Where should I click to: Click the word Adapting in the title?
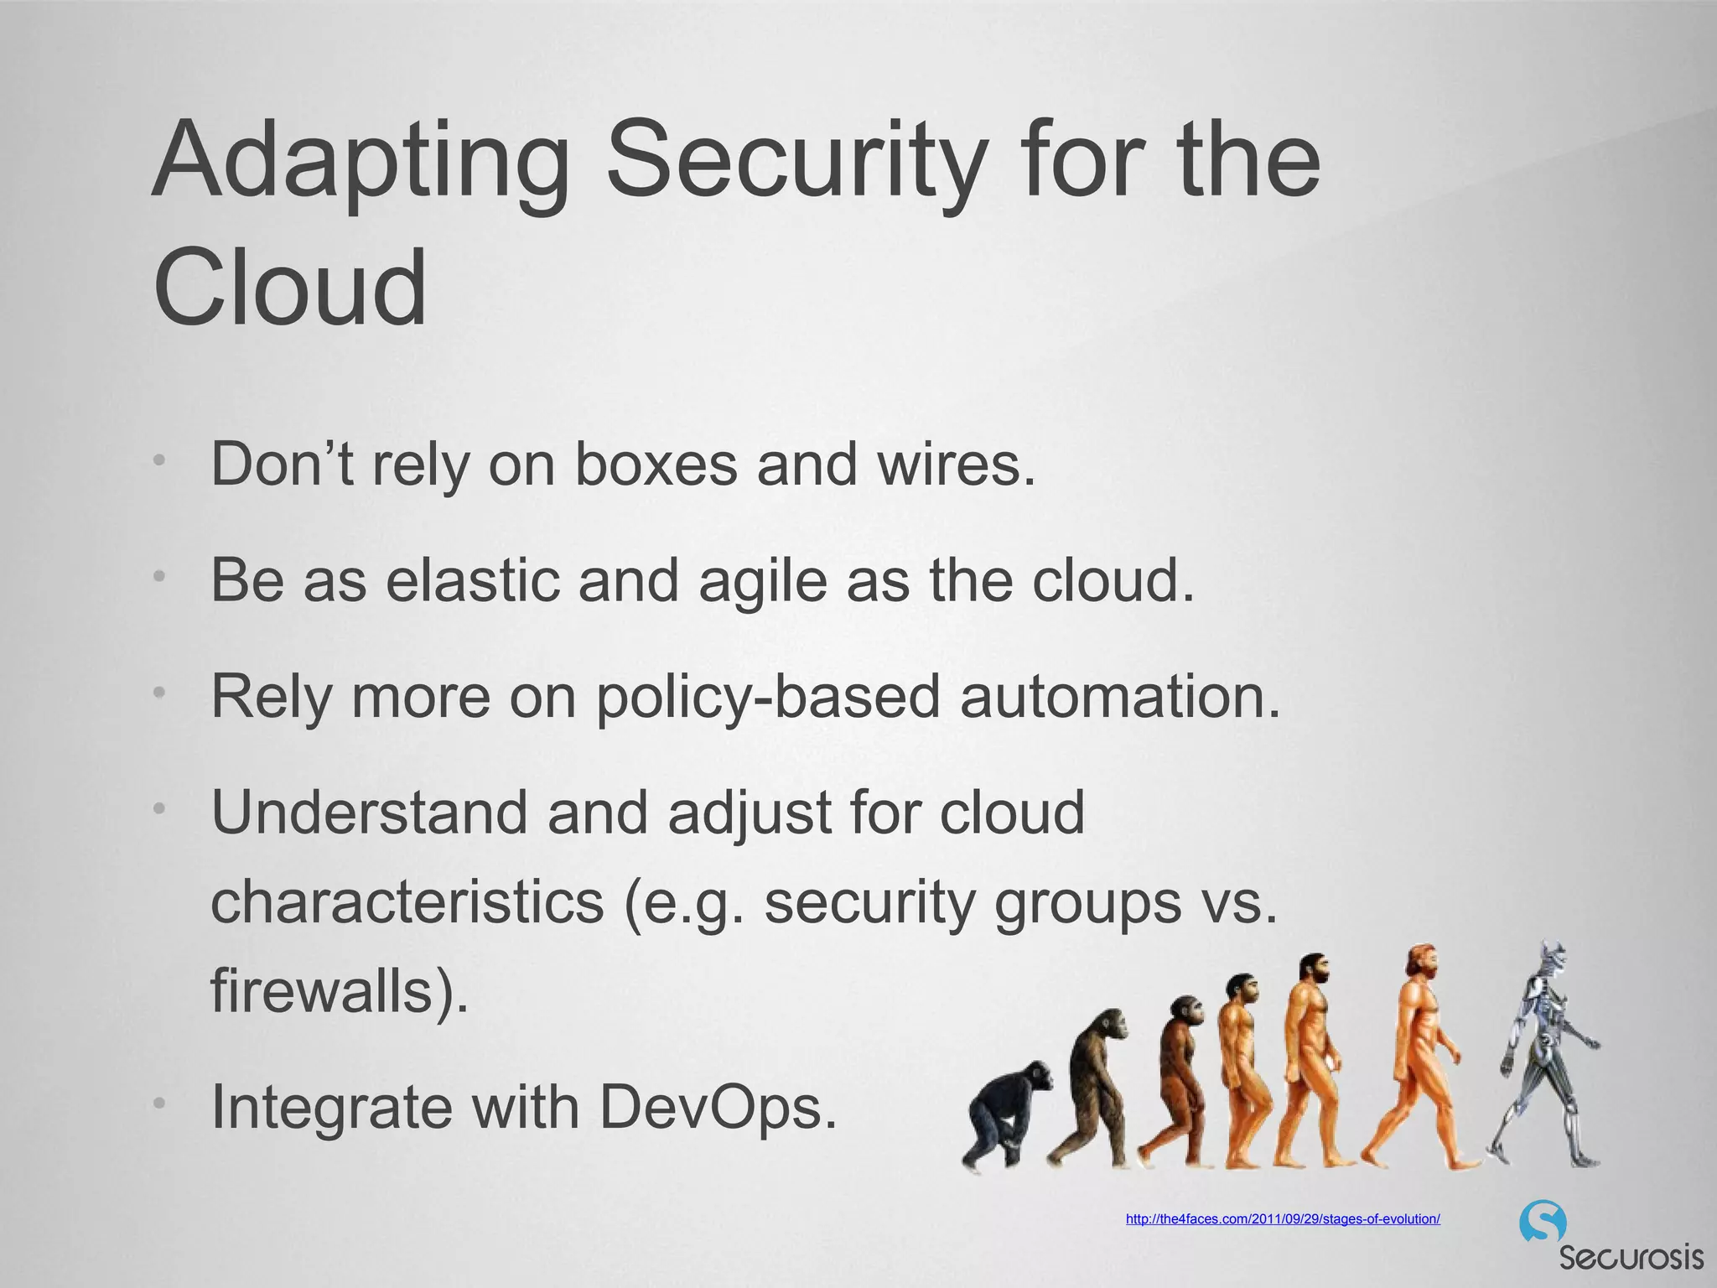coord(361,164)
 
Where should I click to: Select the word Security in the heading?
coord(792,164)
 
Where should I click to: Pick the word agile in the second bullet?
coord(762,581)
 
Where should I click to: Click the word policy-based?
coord(768,697)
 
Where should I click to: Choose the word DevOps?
coord(718,1108)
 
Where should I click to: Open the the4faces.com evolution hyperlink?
coord(1283,1219)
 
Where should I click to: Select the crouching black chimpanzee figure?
coord(1007,1115)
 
